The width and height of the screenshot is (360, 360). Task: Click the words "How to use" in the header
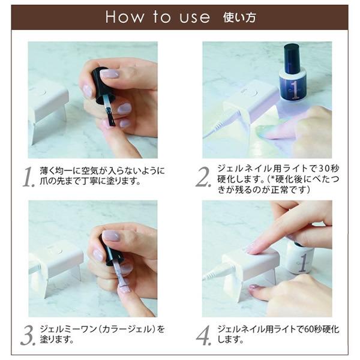(157, 17)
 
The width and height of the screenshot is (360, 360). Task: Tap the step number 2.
(203, 176)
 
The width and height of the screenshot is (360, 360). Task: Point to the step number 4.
(203, 335)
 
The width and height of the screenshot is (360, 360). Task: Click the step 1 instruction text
(98, 176)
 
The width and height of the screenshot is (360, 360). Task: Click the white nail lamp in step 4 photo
(246, 264)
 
